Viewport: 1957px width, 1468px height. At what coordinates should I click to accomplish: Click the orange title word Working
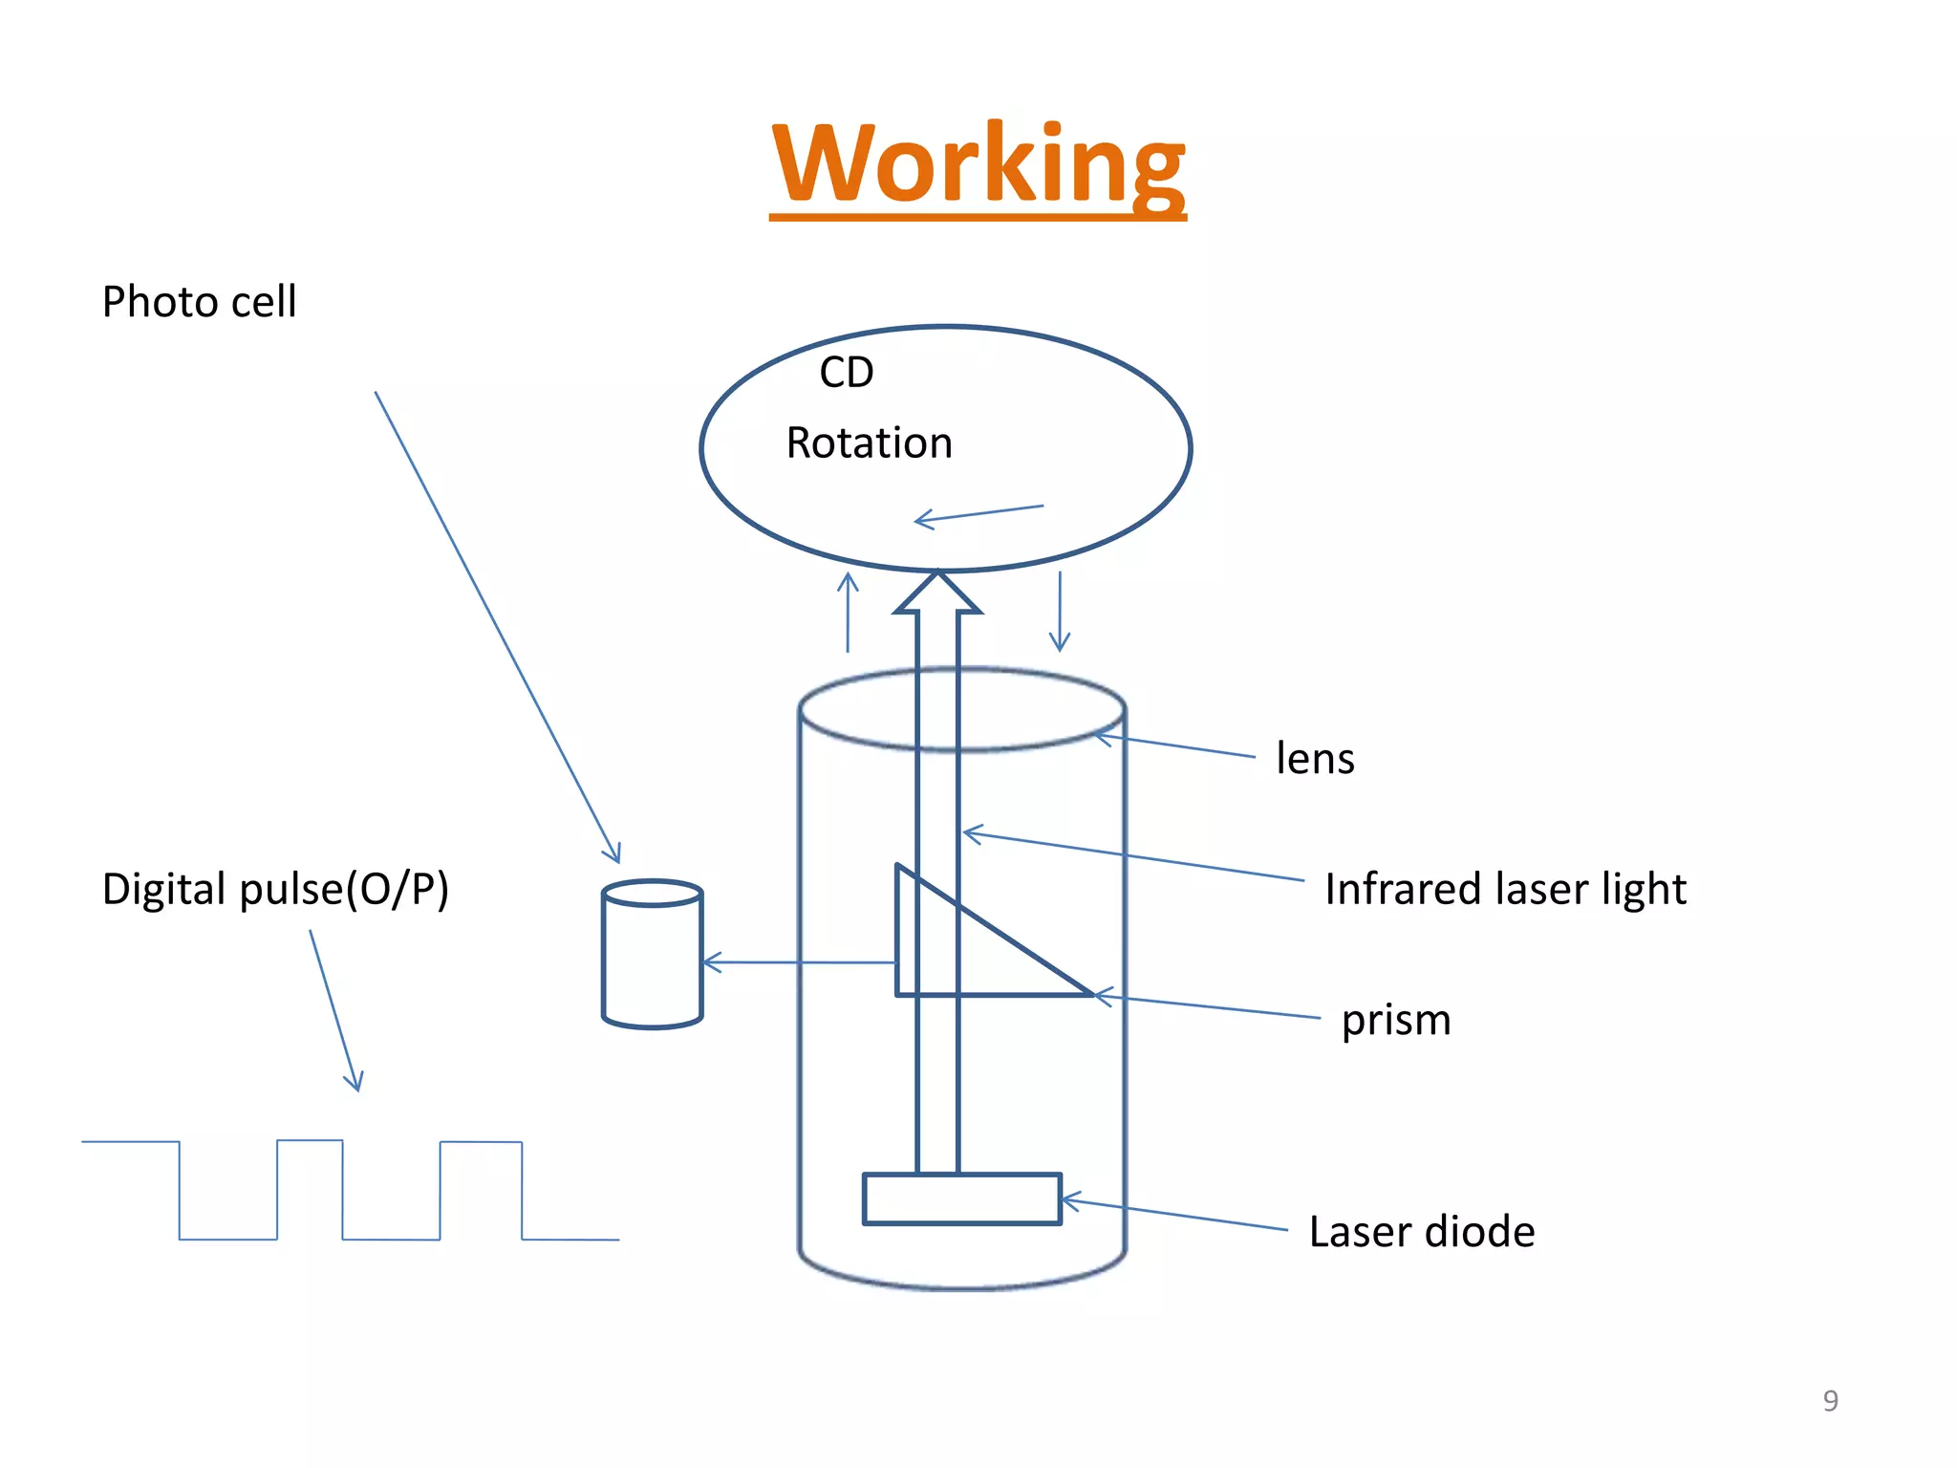tap(978, 164)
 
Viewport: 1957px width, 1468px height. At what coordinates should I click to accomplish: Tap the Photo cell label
tap(199, 302)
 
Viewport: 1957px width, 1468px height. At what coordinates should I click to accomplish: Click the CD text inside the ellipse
tap(847, 372)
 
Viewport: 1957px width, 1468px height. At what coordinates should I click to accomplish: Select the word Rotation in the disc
tap(869, 443)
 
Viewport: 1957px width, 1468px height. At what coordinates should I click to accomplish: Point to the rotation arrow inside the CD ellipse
tap(978, 514)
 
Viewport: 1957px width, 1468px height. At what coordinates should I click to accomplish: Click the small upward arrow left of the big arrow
tap(848, 612)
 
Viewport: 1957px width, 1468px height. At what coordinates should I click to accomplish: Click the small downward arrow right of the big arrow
tap(1060, 612)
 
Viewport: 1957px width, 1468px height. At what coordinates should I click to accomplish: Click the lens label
tap(1315, 759)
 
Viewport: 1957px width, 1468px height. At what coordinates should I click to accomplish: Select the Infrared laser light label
tap(1505, 889)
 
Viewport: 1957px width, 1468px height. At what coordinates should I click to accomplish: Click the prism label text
tap(1395, 1020)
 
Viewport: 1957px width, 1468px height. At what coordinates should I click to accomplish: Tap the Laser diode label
tap(1421, 1232)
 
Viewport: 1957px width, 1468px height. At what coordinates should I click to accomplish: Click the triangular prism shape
tap(956, 956)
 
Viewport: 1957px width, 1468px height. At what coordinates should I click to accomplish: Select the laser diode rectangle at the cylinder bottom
tap(961, 1198)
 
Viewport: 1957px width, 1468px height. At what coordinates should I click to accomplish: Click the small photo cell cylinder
tap(653, 956)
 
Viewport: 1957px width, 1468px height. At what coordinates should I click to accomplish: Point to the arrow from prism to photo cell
tap(799, 962)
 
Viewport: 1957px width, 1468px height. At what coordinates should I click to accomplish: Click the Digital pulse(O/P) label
tap(275, 889)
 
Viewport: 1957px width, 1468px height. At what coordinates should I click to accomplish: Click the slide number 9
tap(1830, 1400)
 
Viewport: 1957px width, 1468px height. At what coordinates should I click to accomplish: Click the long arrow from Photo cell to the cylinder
tap(497, 626)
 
